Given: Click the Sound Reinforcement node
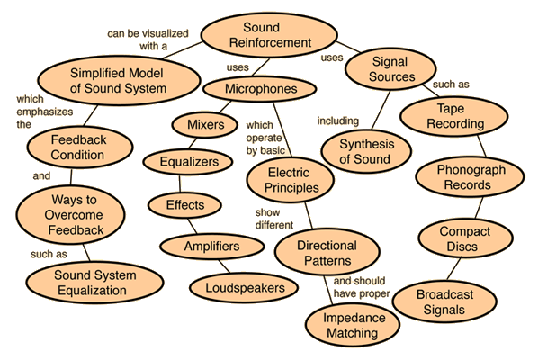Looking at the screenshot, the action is coord(269,35).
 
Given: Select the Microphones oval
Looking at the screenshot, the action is coord(259,89).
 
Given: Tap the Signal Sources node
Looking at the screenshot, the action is coord(390,69).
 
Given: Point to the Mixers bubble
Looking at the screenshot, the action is coord(205,125).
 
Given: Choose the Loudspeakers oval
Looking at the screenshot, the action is coord(244,288).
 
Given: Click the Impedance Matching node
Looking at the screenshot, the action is coord(353,325).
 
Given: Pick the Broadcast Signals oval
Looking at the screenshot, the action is coord(444,301).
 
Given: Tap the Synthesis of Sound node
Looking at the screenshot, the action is coord(366,151).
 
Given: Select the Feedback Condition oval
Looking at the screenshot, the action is coord(79,148).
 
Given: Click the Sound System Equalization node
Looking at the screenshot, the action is coord(94,283).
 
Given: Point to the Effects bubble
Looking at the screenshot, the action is coord(184,205).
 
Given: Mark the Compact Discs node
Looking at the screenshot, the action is coord(466,238).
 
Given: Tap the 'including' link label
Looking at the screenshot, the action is coord(338,121).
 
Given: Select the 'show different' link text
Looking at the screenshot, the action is coord(274,219).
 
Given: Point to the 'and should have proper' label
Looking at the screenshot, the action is coord(362,287).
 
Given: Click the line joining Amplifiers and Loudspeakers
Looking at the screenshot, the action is coord(224,266).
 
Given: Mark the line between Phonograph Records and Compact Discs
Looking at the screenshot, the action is coord(479,208).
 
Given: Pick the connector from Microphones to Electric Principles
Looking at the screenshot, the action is coord(282,130).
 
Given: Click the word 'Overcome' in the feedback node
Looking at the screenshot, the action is coord(74,215).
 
